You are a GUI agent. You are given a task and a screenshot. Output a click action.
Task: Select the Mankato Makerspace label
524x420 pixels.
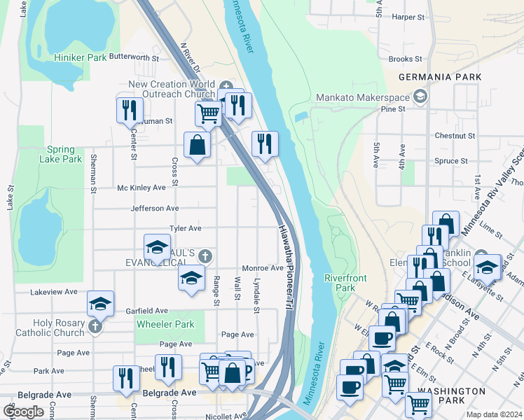click(361, 97)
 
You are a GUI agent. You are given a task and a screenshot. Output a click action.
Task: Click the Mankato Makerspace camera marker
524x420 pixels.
click(420, 95)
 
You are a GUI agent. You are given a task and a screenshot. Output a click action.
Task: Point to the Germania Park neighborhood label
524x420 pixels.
click(439, 77)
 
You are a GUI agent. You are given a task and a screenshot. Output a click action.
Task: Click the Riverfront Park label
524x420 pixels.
click(345, 283)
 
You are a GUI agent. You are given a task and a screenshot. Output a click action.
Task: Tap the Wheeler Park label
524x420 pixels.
click(165, 324)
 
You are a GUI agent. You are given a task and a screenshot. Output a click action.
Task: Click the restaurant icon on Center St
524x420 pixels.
click(130, 110)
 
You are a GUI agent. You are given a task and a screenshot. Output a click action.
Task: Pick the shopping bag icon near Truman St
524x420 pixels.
click(198, 145)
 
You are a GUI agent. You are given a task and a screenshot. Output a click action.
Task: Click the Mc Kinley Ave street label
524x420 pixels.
click(142, 188)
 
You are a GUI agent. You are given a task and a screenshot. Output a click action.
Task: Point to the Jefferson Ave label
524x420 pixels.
click(155, 208)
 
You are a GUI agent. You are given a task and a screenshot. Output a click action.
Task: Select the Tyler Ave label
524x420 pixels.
click(186, 228)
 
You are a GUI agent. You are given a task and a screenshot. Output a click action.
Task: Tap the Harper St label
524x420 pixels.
click(409, 16)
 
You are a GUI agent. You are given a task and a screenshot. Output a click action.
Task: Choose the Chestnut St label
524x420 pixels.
click(455, 135)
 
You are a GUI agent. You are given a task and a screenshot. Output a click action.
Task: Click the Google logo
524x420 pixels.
click(23, 411)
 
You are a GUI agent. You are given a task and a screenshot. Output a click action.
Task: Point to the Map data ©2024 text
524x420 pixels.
click(493, 414)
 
